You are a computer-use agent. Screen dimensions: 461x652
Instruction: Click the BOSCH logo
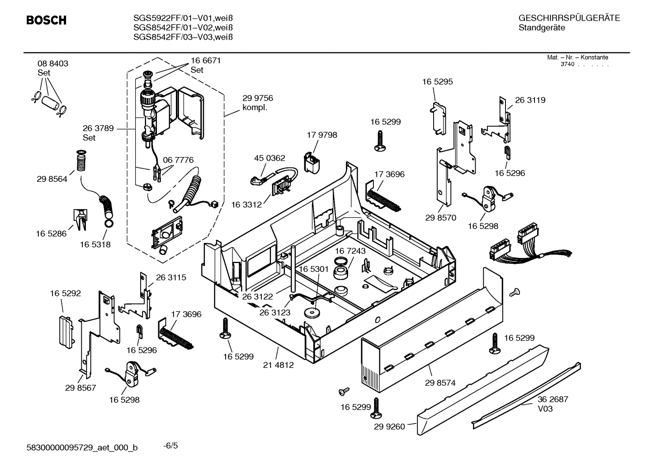46,20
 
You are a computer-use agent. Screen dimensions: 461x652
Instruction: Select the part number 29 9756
258,98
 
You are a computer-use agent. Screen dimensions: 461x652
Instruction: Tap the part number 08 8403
53,64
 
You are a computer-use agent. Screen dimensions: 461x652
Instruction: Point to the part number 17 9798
322,135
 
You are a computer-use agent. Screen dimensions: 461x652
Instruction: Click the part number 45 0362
269,158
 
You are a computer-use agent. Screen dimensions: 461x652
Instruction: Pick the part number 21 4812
279,365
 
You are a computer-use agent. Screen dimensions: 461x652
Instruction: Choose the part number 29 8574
440,383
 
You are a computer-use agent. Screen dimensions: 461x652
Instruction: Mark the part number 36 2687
553,399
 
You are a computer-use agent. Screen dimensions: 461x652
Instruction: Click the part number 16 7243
350,251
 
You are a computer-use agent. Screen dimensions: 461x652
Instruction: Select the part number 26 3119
530,100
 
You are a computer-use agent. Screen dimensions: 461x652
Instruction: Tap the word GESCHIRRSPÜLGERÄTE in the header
569,18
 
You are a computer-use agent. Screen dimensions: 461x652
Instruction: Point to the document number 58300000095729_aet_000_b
83,447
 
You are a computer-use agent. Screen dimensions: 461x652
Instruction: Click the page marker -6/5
170,446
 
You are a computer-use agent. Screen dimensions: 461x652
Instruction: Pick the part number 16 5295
437,82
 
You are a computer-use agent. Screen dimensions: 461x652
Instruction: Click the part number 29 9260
389,427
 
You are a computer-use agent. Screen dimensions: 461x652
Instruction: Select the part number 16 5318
95,244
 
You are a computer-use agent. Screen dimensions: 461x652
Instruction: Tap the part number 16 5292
66,293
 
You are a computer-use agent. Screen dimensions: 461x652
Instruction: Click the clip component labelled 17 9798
311,162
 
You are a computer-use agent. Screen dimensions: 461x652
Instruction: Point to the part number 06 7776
178,160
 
